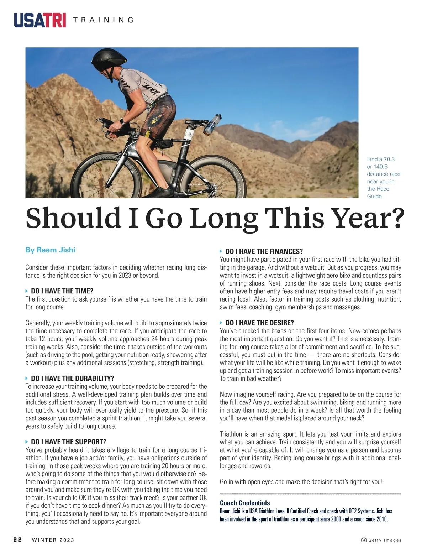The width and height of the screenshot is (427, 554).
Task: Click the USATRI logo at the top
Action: (x=40, y=20)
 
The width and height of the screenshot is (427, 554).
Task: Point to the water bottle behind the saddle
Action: (x=212, y=124)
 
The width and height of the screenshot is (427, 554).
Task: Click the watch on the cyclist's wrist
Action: (x=122, y=122)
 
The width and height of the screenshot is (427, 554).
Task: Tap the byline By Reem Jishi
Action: (x=50, y=250)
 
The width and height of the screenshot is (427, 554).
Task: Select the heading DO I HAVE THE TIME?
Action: (x=62, y=291)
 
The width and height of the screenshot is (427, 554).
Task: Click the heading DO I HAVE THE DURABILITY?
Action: (x=72, y=378)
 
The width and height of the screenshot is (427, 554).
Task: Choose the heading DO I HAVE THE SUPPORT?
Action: (x=68, y=442)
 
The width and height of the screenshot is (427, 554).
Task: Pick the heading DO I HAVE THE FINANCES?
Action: (x=264, y=251)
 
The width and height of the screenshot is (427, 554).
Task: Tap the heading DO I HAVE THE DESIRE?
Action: (x=259, y=323)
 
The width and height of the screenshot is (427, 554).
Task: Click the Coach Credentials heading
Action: (x=245, y=503)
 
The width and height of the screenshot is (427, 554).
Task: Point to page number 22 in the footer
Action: (x=17, y=540)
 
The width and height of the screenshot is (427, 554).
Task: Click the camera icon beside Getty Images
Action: (x=364, y=540)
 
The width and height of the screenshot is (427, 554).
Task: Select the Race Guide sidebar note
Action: (x=383, y=178)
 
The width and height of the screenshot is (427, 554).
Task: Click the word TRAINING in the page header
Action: (x=103, y=20)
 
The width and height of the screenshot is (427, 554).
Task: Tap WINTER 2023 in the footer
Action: (x=53, y=540)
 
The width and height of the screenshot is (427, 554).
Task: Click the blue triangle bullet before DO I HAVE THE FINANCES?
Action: (x=221, y=251)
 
